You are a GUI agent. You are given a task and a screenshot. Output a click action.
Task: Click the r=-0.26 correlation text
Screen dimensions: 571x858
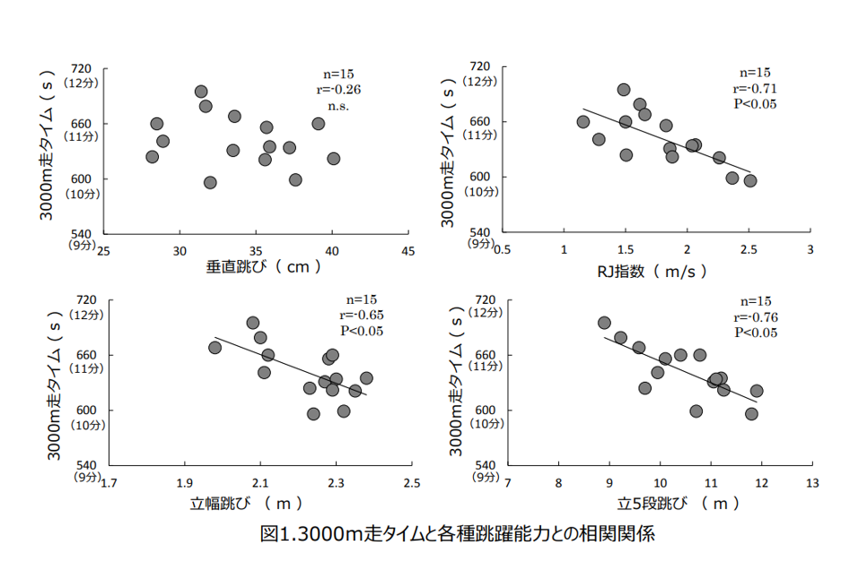pyautogui.click(x=337, y=89)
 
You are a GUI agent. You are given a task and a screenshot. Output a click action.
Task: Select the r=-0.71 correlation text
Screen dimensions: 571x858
pyautogui.click(x=755, y=88)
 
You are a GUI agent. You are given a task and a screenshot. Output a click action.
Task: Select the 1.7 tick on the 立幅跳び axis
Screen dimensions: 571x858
pyautogui.click(x=109, y=484)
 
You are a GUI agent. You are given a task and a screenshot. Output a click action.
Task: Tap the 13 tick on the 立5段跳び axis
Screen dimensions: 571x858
pyautogui.click(x=812, y=484)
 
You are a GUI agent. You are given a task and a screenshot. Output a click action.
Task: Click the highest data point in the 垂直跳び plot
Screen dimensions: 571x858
pyautogui.click(x=201, y=91)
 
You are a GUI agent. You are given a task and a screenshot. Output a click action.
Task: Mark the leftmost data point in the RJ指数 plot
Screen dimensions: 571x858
pyautogui.click(x=583, y=122)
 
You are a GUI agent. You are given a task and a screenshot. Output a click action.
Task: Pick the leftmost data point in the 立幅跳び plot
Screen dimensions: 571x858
pyautogui.click(x=214, y=348)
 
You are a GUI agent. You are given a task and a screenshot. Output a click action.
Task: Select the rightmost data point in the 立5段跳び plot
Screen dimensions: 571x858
pyautogui.click(x=757, y=391)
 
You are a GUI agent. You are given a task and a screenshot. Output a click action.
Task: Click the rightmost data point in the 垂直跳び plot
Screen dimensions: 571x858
pyautogui.click(x=333, y=159)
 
